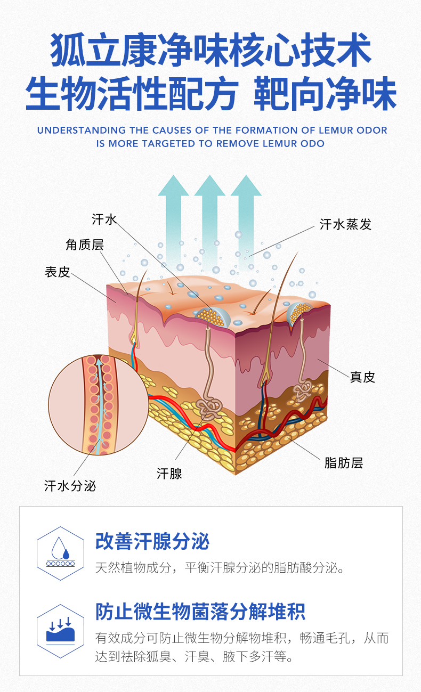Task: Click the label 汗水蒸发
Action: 345,224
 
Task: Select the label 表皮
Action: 57,272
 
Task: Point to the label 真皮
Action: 362,377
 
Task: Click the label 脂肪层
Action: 343,462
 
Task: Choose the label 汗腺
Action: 169,473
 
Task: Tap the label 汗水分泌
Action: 70,486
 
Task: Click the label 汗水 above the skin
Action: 104,219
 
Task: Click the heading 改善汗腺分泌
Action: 152,541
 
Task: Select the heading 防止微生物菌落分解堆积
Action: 200,612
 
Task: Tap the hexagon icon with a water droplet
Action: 60,553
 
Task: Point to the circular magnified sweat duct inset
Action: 99,405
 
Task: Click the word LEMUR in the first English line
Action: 335,130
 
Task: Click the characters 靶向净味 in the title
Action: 325,94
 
